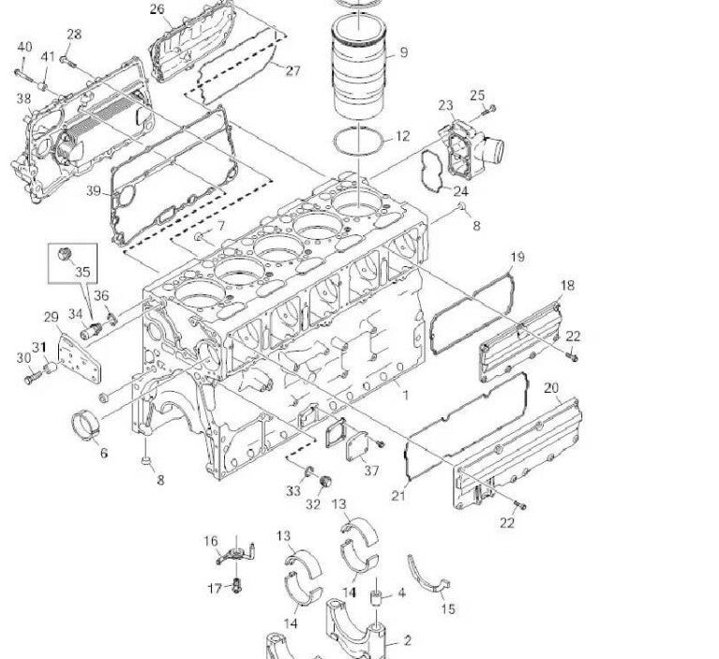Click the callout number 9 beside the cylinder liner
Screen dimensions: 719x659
(x=403, y=52)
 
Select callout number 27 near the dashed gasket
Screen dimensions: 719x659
(x=292, y=70)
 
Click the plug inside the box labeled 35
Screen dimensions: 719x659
(x=64, y=254)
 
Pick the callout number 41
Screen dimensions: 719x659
(x=48, y=56)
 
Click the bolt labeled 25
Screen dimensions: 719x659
(x=488, y=111)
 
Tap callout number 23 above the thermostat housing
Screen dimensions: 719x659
(x=445, y=106)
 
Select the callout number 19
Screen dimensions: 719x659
(x=517, y=257)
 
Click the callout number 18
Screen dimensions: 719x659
(x=567, y=285)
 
